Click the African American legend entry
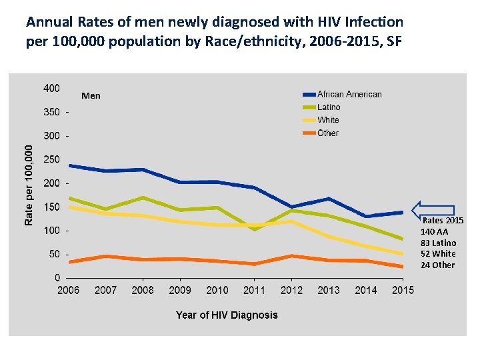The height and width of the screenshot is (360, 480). pyautogui.click(x=349, y=95)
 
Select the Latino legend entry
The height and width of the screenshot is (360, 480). pyautogui.click(x=329, y=107)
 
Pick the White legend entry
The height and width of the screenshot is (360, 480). pyautogui.click(x=328, y=120)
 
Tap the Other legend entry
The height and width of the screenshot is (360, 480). pyautogui.click(x=328, y=133)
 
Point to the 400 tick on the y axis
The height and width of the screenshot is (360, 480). pyautogui.click(x=51, y=88)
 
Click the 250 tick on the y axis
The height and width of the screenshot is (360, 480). pyautogui.click(x=51, y=160)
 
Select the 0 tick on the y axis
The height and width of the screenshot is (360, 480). pyautogui.click(x=57, y=278)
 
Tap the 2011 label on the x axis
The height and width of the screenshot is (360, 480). pyautogui.click(x=254, y=290)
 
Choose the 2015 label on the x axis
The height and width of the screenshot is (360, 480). pyautogui.click(x=402, y=290)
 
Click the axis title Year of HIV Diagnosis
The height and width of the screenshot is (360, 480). pyautogui.click(x=227, y=315)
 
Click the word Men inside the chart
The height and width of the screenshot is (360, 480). pyautogui.click(x=91, y=96)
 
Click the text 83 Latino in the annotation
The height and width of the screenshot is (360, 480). pyautogui.click(x=438, y=243)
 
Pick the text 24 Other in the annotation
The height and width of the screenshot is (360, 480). pyautogui.click(x=437, y=265)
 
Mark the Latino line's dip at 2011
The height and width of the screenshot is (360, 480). pyautogui.click(x=254, y=229)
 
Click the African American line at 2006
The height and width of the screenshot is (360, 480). pyautogui.click(x=69, y=165)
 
